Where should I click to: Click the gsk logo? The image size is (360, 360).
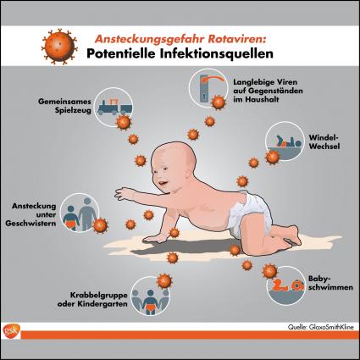point(12,331)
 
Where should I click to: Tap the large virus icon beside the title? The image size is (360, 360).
point(59,47)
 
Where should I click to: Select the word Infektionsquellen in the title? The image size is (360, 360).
point(216,53)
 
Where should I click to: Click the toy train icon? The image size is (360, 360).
point(114,107)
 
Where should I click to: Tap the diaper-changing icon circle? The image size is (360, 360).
point(285,141)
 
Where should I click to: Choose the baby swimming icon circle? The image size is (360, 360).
point(286,285)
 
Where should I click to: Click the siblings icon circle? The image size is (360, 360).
point(80,213)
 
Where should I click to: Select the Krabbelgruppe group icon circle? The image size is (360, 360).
point(151,296)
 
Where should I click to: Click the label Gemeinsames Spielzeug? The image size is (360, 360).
point(64,106)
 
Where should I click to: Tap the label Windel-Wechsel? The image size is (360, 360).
point(324,141)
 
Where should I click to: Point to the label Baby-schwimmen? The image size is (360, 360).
point(330,283)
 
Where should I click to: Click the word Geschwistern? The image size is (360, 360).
point(30,224)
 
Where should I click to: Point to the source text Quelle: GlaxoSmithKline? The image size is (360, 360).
point(321,327)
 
